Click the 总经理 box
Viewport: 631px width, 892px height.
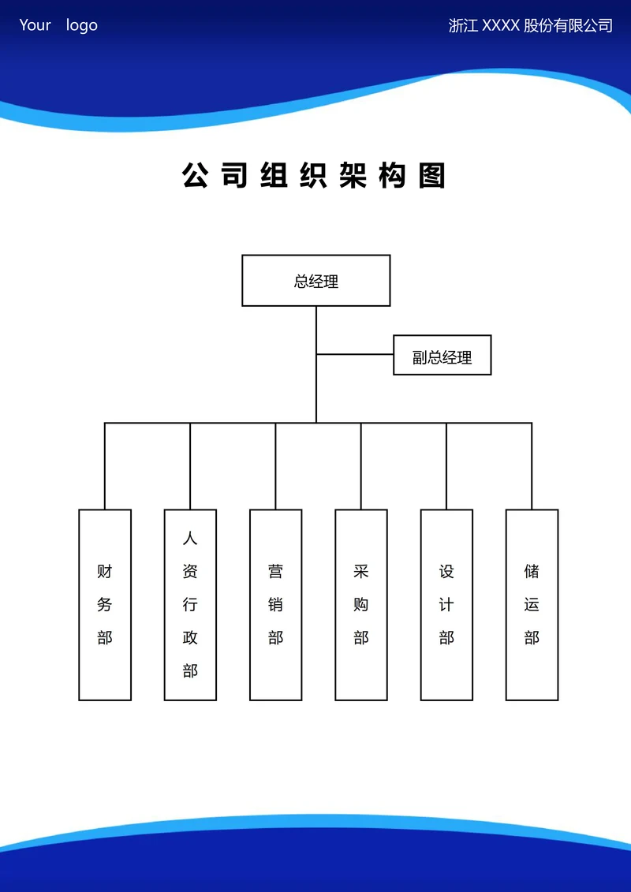[315, 280]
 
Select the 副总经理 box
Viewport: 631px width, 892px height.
[442, 355]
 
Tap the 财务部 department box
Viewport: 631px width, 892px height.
[105, 604]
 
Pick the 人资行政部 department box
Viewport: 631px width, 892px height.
[190, 604]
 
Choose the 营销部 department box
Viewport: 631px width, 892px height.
[275, 604]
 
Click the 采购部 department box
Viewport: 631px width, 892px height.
[361, 604]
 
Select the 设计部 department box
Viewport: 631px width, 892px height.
[446, 604]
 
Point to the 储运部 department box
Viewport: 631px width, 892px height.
[532, 604]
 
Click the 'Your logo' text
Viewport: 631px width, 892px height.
[58, 25]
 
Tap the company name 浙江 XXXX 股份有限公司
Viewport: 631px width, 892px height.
[530, 25]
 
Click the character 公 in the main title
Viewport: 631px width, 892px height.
[196, 175]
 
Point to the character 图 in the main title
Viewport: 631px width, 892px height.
[432, 175]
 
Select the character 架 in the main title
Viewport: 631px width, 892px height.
[353, 175]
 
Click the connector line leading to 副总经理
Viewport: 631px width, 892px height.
[355, 354]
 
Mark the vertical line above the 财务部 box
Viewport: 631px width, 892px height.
[105, 465]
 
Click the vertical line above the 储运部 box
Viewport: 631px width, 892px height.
[532, 465]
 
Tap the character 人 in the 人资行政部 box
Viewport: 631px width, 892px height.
[190, 539]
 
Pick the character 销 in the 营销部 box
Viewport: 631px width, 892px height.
[275, 605]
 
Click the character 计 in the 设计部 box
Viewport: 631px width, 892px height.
[446, 605]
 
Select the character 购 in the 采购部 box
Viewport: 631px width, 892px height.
[361, 605]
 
